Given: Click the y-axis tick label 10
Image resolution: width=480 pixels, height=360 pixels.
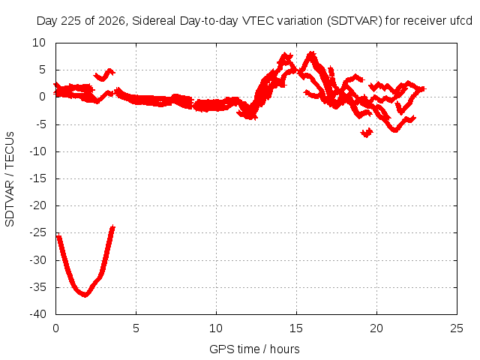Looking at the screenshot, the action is tap(39, 43).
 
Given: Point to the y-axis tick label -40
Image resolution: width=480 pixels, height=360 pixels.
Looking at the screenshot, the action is tap(37, 314).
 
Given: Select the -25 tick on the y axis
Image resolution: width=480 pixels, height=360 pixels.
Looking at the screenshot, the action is tap(37, 232).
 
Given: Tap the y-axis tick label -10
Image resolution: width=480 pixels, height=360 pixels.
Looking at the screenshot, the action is tap(37, 151).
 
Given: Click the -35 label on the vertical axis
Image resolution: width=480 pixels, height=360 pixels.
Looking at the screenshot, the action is tap(37, 287).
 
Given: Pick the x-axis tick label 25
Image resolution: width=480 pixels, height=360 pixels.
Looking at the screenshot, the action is tap(457, 328).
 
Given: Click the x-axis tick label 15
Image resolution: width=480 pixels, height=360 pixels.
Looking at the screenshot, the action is tap(296, 328).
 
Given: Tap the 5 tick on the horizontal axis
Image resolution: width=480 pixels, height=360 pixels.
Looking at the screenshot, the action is tap(136, 328).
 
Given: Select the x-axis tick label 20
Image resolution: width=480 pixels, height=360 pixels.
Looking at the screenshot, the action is tap(376, 328).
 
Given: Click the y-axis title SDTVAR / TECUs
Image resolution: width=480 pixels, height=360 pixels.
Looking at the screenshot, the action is tap(10, 179).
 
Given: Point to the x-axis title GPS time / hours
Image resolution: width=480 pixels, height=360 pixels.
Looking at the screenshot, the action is tap(254, 349).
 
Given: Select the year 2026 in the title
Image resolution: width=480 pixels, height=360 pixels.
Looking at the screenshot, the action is tap(112, 21).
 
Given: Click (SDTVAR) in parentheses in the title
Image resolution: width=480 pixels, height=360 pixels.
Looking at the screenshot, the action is tap(355, 21).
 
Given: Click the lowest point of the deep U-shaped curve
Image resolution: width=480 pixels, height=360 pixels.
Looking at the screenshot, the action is tap(85, 295).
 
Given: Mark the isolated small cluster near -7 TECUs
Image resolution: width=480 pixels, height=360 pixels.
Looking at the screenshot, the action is tap(367, 133).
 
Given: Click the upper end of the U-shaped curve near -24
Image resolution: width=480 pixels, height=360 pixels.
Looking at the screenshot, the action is tap(113, 227).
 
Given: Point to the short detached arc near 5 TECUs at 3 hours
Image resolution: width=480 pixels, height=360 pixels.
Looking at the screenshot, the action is tap(103, 76).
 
